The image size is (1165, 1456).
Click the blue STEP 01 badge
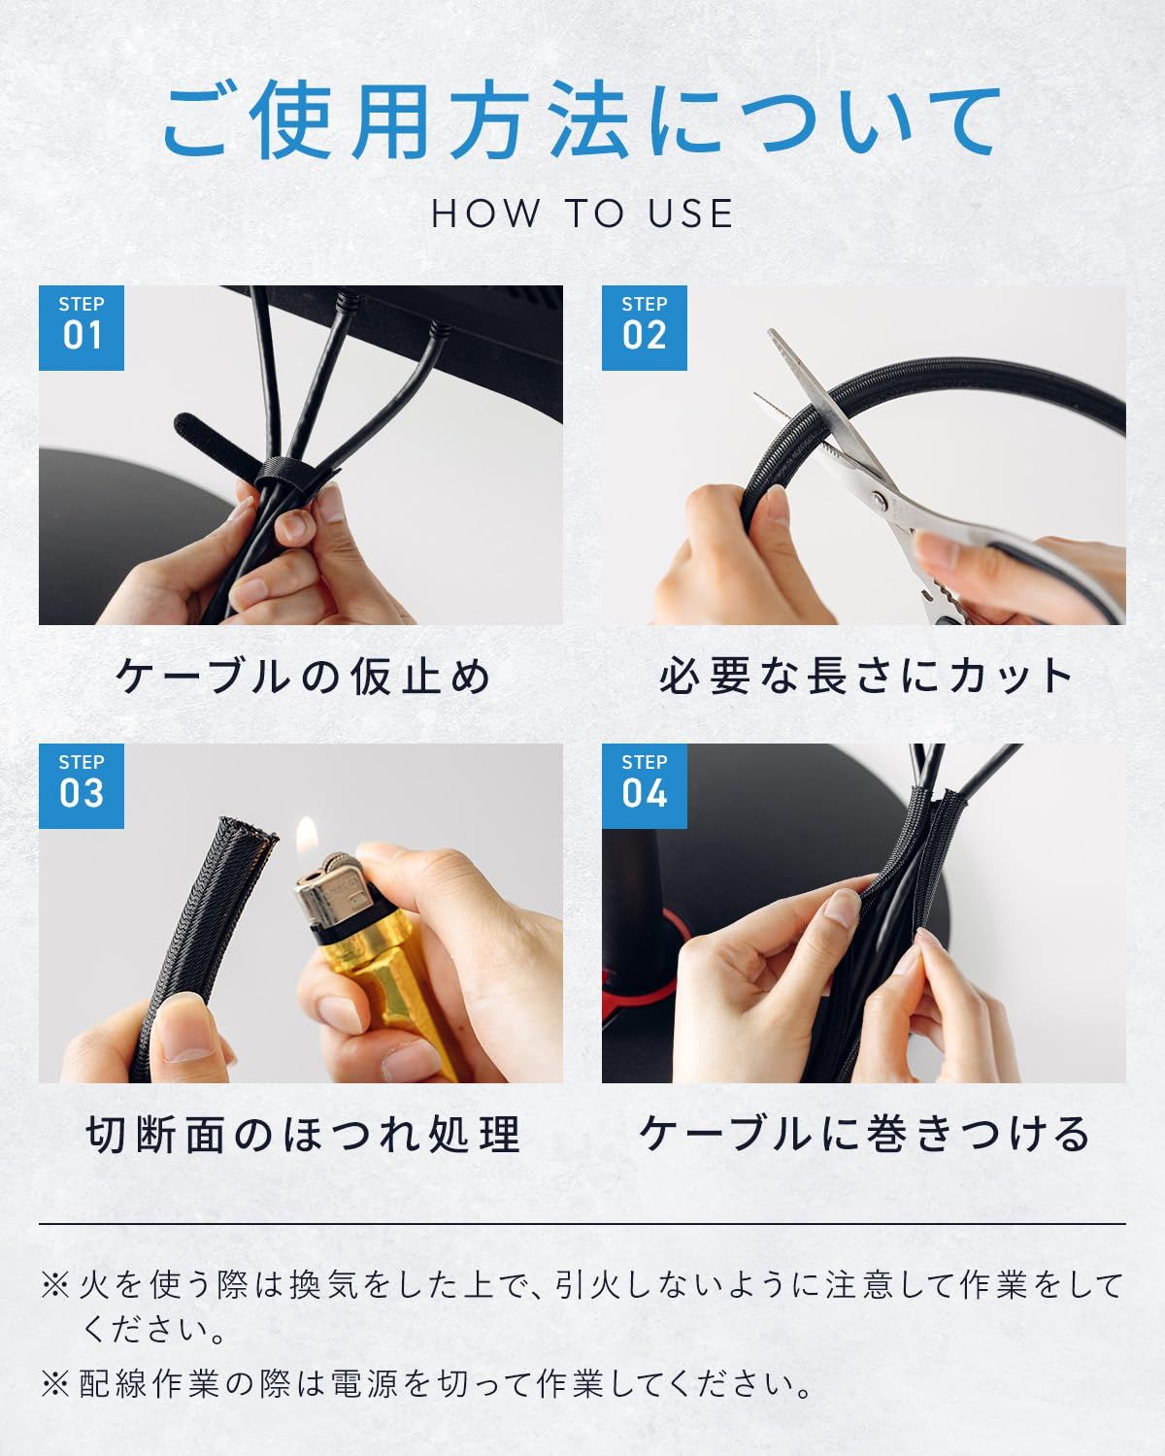[82, 327]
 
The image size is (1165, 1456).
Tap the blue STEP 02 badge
[645, 327]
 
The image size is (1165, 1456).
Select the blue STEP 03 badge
[82, 785]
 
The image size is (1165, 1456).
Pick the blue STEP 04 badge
[645, 785]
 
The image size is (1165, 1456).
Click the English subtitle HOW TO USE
[582, 214]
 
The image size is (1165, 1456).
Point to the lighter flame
[307, 839]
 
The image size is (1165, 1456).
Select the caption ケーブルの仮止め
[303, 676]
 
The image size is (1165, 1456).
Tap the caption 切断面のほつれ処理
[303, 1134]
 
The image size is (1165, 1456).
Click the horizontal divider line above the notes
[582, 1224]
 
